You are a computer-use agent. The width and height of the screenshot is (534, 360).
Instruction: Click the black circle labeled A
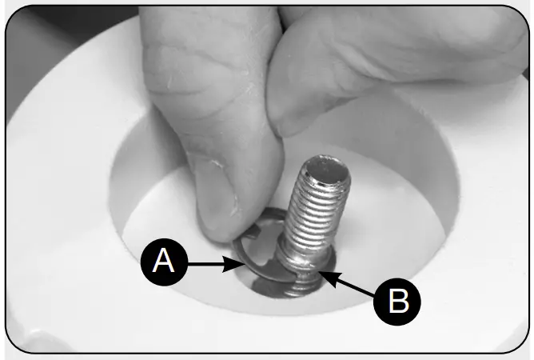tap(164, 262)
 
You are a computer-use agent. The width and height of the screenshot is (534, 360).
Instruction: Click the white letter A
tap(164, 262)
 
